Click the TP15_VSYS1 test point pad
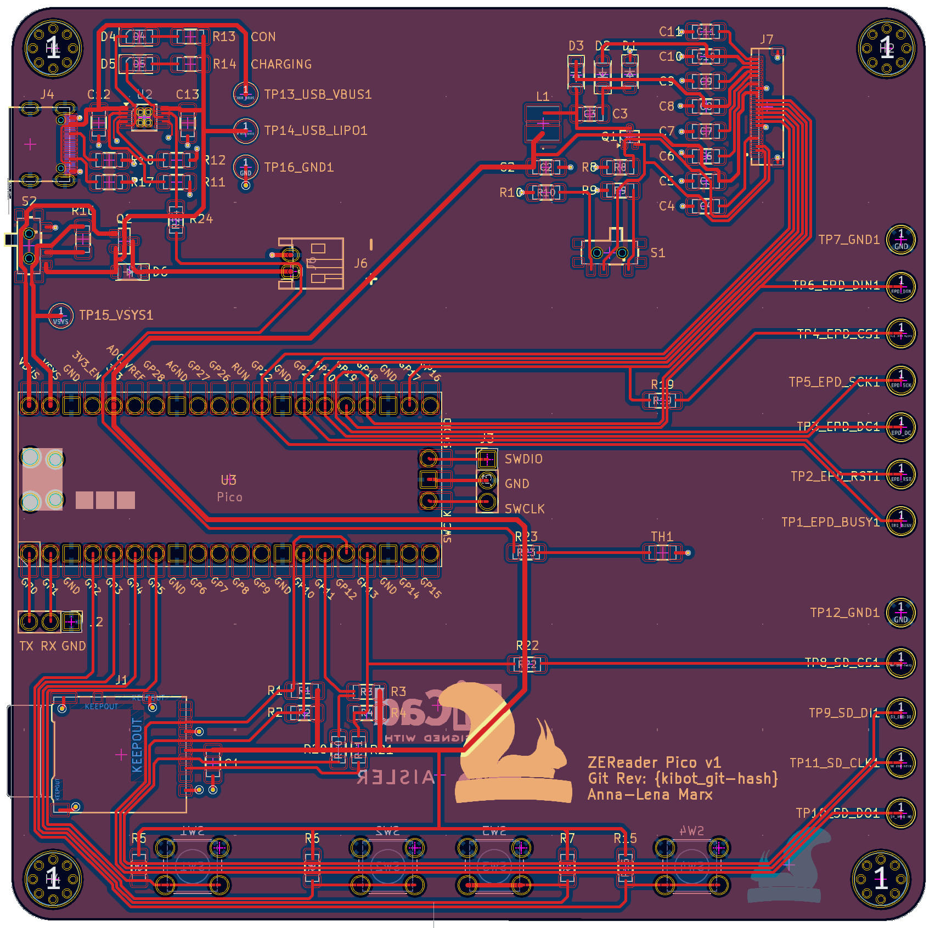(60, 315)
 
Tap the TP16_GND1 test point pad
(245, 167)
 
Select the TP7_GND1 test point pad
(900, 240)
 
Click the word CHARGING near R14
(281, 64)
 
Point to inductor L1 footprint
(543, 123)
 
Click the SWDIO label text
(523, 459)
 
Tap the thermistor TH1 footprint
(662, 553)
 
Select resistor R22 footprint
(526, 664)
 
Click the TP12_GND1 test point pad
(900, 613)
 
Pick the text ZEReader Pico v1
(654, 763)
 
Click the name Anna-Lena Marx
(650, 795)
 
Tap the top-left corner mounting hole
(53, 48)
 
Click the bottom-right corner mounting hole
(881, 879)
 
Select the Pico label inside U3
(229, 497)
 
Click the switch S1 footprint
(610, 252)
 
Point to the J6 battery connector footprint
(312, 263)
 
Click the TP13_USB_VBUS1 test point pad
(245, 94)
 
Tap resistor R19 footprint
(662, 400)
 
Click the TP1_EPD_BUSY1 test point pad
(900, 521)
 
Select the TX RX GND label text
(53, 646)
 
